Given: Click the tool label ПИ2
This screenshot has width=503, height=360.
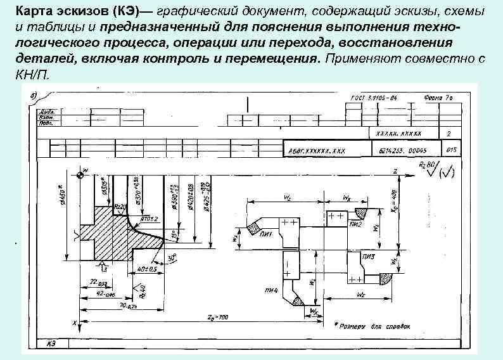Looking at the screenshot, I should coord(354,223).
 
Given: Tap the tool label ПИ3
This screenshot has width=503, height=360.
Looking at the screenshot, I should coord(368,256).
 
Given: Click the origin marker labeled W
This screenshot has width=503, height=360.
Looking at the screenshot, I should coord(82,170).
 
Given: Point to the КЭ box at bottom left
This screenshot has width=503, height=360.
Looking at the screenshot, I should coord(51,343).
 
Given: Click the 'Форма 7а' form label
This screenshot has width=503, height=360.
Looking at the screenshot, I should coord(437,100).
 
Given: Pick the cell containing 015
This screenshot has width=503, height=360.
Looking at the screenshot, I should coord(452,151).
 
